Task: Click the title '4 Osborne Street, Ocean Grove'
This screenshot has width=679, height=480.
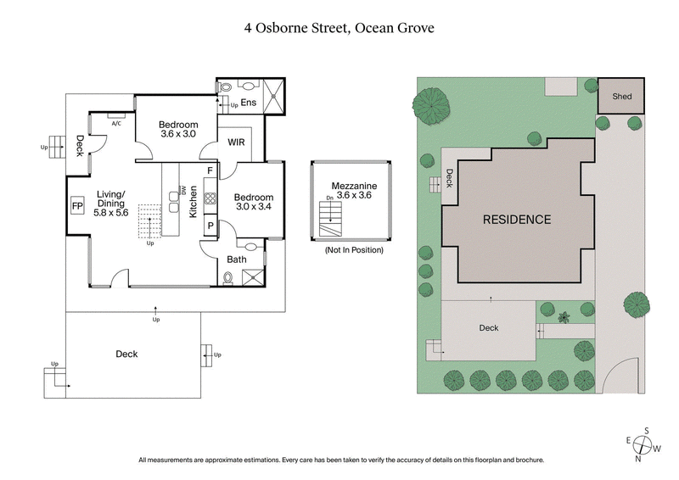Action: tap(339, 27)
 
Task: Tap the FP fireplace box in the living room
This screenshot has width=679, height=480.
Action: tap(76, 206)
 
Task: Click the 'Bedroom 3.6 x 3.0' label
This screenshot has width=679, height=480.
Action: tap(178, 129)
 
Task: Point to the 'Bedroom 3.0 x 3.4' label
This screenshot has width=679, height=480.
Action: tap(252, 198)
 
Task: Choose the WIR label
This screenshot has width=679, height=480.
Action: tap(236, 142)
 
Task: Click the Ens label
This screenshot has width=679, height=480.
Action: tap(249, 103)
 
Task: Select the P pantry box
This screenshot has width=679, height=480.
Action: tap(209, 226)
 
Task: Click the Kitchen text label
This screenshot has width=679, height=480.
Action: tap(194, 201)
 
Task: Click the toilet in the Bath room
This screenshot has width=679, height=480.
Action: tap(227, 277)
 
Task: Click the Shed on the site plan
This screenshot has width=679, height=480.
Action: tap(621, 97)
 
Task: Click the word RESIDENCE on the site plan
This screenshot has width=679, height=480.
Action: tap(517, 220)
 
